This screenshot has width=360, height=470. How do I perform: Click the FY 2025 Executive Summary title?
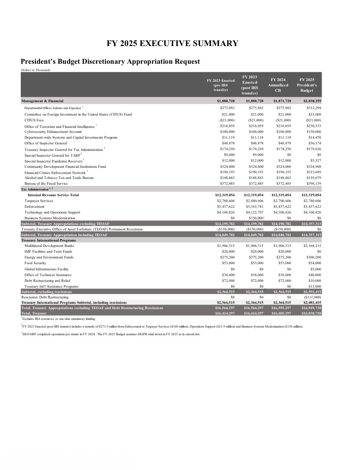(172, 43)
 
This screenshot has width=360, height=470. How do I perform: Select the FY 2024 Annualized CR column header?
(278, 85)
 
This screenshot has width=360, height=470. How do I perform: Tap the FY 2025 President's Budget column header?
(307, 85)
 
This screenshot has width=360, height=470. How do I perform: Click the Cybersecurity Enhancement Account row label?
(53, 132)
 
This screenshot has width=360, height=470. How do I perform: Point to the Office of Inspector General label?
(46, 143)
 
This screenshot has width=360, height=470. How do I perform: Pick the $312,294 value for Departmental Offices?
(314, 108)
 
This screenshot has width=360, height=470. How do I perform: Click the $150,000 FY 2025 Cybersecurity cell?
(314, 132)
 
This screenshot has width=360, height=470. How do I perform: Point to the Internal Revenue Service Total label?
(53, 195)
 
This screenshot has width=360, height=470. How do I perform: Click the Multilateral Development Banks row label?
(49, 246)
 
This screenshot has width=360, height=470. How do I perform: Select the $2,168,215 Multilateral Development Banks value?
(312, 246)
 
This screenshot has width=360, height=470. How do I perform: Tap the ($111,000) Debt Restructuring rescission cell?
(312, 297)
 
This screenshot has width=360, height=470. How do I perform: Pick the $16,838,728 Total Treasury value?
(311, 313)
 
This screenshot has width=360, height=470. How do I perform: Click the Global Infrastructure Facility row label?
(46, 269)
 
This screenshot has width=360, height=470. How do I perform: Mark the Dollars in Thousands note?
(35, 70)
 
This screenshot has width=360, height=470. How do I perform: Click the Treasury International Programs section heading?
(48, 240)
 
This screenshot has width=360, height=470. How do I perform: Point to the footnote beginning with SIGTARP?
(111, 334)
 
